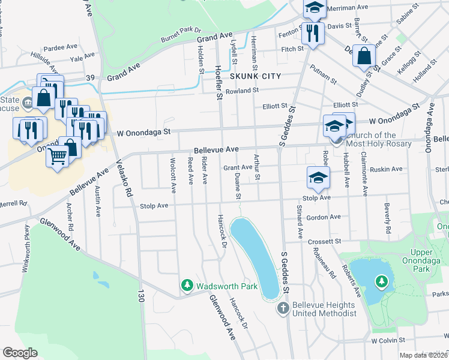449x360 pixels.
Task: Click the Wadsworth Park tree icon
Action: (187, 287)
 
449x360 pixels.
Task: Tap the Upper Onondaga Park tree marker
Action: (381, 281)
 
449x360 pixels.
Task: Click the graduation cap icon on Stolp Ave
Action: (318, 176)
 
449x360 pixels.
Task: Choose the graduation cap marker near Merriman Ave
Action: (313, 7)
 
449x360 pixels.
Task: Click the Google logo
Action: (20, 353)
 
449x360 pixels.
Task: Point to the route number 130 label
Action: (142, 296)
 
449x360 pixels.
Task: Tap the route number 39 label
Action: (90, 78)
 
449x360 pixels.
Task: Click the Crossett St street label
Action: (324, 241)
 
